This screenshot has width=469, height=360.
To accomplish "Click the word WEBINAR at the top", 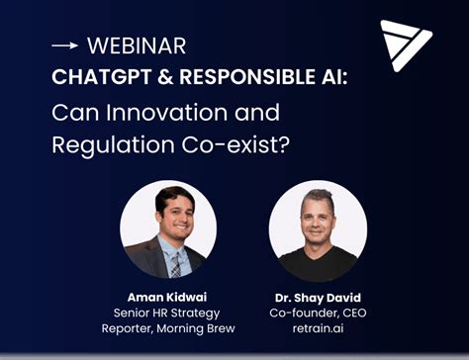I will [137, 45].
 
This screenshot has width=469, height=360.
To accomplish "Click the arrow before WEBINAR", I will [64, 46].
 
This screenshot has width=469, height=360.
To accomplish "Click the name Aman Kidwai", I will [167, 296].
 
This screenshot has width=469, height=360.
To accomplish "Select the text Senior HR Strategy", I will [167, 314].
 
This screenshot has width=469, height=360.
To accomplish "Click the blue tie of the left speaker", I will [174, 261].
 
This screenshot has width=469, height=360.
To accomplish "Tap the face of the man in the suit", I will [170, 216].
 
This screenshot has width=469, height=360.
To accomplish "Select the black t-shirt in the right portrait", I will [317, 265].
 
